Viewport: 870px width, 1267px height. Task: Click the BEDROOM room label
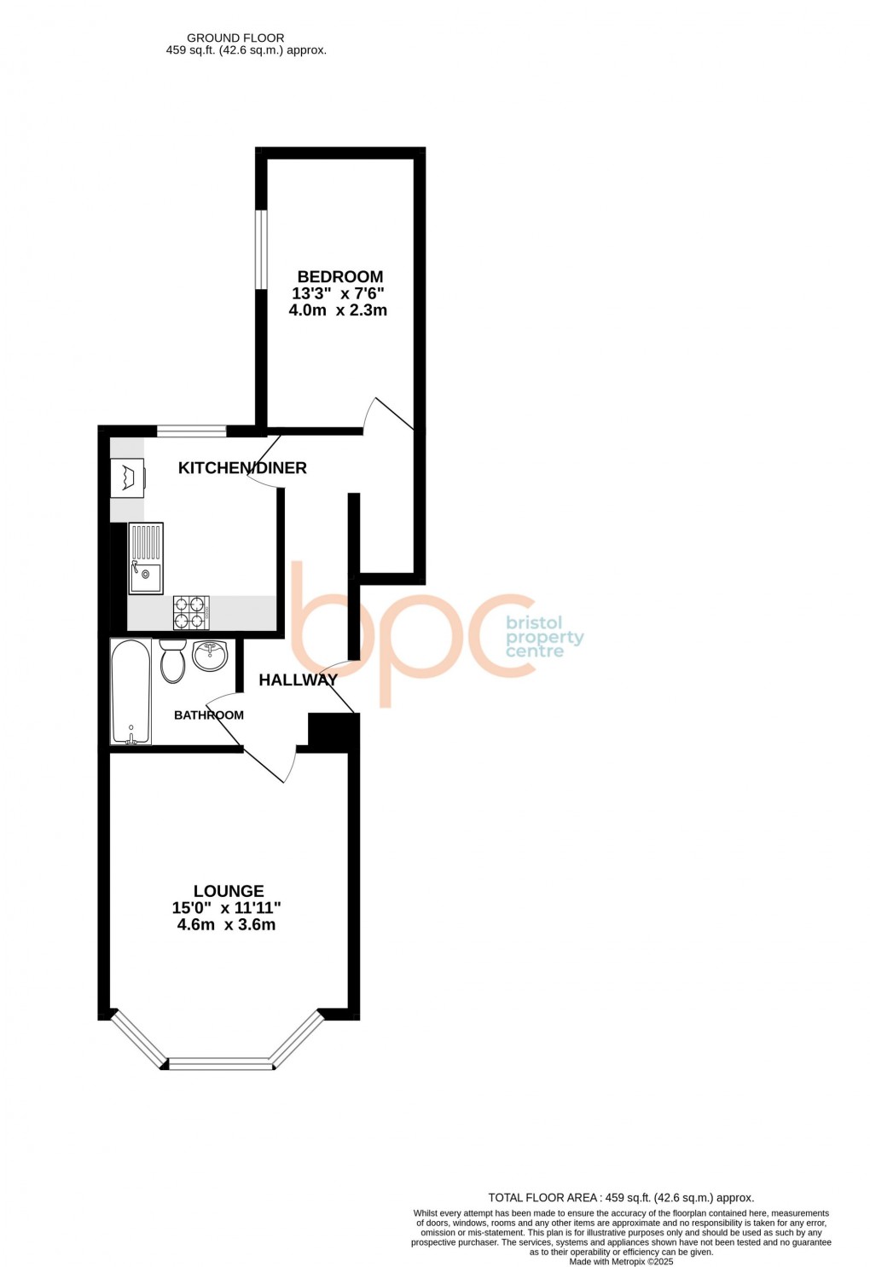[x=339, y=276]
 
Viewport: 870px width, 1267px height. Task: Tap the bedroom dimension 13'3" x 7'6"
[x=338, y=293]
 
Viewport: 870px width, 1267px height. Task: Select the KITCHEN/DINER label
[x=242, y=467]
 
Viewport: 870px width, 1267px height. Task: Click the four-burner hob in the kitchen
[x=191, y=611]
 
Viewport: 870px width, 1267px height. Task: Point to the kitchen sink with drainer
[x=145, y=558]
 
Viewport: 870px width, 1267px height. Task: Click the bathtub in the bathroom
[x=130, y=691]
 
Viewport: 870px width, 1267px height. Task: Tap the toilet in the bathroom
[x=172, y=662]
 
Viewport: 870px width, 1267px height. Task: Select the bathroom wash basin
[x=210, y=656]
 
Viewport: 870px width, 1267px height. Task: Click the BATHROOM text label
[x=208, y=715]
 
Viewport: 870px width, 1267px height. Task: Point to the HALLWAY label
[x=298, y=680]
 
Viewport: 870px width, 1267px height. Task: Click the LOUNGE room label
[x=228, y=891]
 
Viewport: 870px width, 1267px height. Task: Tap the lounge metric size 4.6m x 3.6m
[x=226, y=925]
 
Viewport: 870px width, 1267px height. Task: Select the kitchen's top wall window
[x=191, y=431]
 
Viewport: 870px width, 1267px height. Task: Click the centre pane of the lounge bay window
[x=219, y=1063]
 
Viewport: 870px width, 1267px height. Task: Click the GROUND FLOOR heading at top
[x=235, y=38]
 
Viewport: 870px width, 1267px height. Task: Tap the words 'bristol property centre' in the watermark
[x=544, y=637]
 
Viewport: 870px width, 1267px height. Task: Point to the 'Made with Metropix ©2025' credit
[x=621, y=1262]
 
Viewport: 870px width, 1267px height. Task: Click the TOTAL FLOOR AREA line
[x=621, y=1198]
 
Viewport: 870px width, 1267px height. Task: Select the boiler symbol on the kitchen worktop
[x=127, y=477]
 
